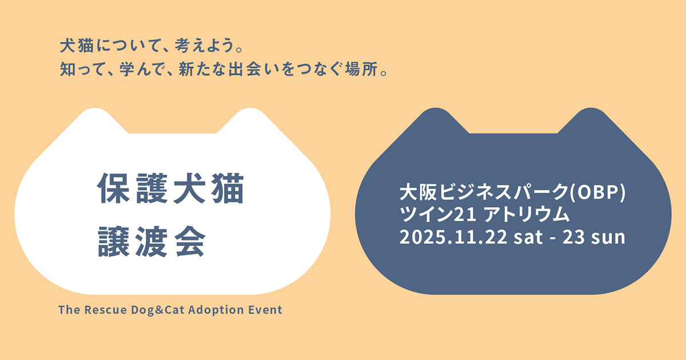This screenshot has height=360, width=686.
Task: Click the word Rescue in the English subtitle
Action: tap(106, 310)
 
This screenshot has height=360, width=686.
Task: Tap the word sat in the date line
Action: tap(528, 237)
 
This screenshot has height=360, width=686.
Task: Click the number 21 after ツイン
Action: tap(465, 215)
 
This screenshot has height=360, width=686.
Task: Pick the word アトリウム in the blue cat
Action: tap(527, 214)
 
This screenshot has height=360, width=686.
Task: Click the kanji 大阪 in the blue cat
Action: tap(418, 192)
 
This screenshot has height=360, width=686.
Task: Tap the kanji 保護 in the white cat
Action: tap(132, 188)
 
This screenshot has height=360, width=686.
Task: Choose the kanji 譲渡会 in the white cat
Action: tap(151, 242)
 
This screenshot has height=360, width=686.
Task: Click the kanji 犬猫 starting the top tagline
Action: tap(77, 46)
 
